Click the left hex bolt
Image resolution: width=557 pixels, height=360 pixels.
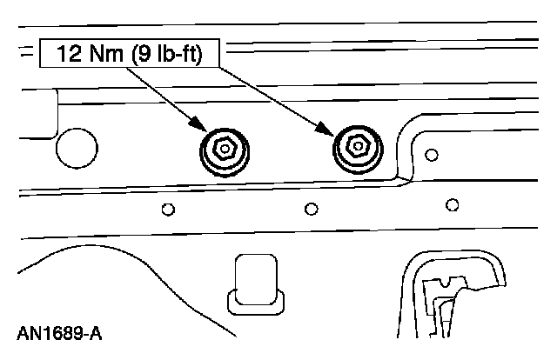(223, 150)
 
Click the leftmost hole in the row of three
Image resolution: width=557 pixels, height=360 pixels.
(169, 209)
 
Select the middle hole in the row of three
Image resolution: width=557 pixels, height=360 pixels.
(311, 209)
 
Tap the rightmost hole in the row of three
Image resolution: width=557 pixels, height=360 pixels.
(451, 205)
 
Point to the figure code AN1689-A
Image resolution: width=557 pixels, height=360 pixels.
(59, 333)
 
